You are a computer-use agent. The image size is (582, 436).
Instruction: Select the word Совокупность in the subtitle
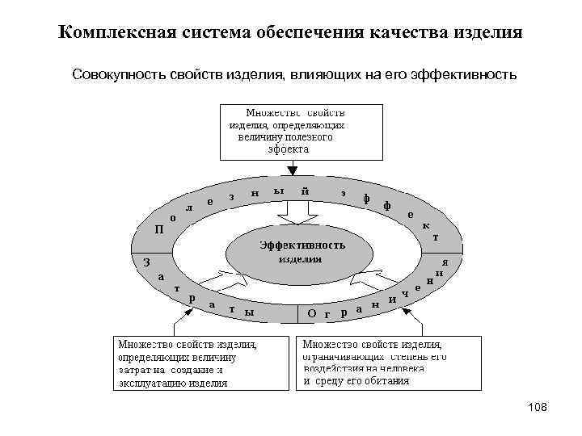(x=118, y=74)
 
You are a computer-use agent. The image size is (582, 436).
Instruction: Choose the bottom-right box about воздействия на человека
(x=391, y=363)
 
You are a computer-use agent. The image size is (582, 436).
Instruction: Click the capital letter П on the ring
(x=159, y=228)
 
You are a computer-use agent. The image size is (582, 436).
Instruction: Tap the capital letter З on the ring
(x=146, y=262)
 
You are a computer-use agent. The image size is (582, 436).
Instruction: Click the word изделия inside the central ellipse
(x=301, y=259)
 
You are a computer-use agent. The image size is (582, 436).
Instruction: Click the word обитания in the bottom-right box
(x=385, y=380)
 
